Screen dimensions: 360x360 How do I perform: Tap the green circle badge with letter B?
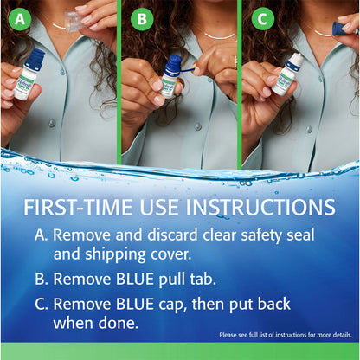140,17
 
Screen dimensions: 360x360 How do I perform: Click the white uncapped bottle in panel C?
286,77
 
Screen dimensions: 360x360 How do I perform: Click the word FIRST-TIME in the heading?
83,208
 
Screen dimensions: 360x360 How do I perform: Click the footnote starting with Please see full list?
285,334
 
